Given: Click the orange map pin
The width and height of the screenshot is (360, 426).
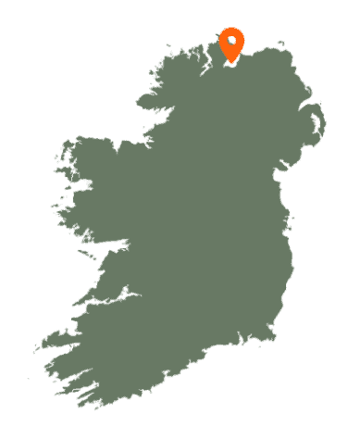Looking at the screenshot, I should (231, 44).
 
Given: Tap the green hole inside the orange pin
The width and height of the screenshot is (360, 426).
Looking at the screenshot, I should (231, 41).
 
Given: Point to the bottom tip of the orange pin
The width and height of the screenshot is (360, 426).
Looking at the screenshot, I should (231, 62).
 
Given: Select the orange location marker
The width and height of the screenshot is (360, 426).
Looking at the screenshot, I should (231, 44).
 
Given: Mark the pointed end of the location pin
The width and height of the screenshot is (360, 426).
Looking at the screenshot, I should (231, 62).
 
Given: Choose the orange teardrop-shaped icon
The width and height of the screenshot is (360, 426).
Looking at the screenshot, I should (231, 44).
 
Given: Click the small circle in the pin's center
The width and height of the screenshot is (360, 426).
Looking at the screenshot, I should (231, 41).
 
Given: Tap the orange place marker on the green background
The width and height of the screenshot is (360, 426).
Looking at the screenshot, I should (231, 44).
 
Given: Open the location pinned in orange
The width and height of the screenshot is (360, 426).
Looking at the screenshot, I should (231, 44).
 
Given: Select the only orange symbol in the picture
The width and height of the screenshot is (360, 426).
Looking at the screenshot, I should (231, 44).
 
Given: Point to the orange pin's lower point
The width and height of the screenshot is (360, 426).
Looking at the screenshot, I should (231, 62).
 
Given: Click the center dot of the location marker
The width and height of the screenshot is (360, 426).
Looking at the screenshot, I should (231, 41).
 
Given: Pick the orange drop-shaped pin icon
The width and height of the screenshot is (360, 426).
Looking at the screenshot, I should (231, 44).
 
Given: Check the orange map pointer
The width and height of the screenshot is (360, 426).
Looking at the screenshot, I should (231, 44).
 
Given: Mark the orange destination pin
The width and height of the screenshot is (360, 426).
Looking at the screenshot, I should (231, 44).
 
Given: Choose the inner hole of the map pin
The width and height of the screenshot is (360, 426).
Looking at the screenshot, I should (231, 41).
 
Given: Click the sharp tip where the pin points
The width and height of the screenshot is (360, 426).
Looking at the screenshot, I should (231, 62).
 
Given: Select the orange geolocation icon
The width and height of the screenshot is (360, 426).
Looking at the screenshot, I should (231, 44).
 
